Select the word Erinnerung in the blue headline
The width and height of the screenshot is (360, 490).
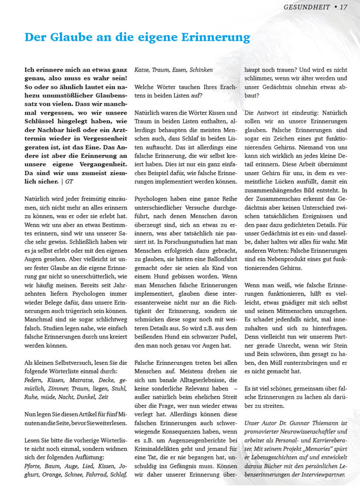point(215,37)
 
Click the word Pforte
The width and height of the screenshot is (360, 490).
point(33,466)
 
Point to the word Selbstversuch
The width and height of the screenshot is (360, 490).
point(66,362)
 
